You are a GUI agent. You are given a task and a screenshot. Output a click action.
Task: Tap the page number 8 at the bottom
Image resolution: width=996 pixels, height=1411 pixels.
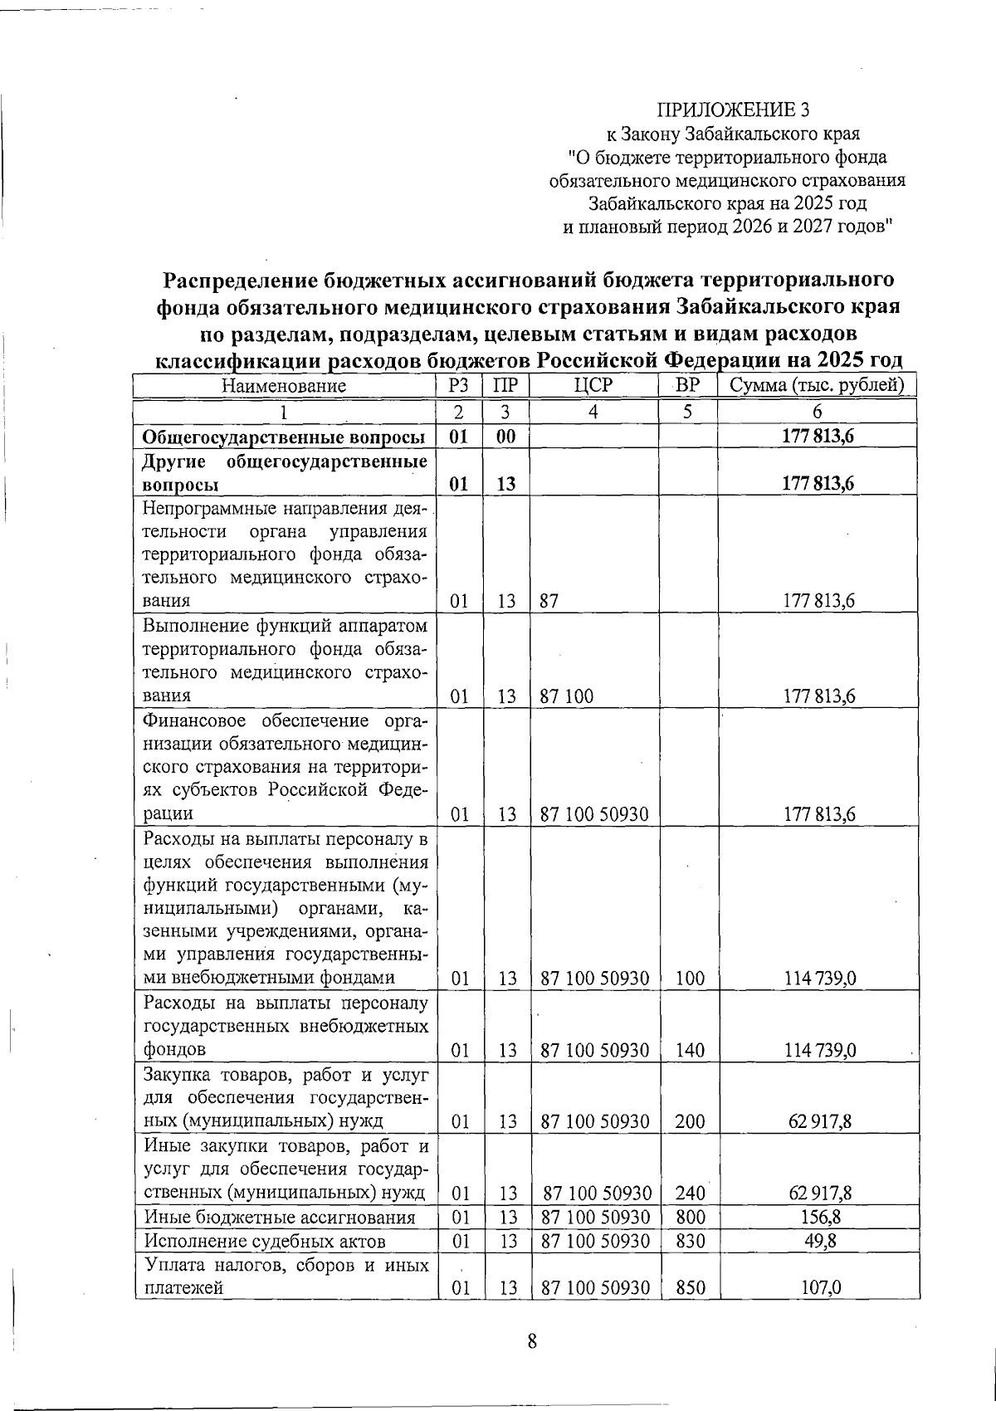click(532, 1341)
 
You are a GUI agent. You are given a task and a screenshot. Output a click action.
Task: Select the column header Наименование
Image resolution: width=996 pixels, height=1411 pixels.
click(283, 386)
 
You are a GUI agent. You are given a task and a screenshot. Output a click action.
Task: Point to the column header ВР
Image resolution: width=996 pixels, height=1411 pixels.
click(686, 386)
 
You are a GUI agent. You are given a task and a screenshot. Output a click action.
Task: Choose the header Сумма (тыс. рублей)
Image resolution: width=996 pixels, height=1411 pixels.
click(817, 386)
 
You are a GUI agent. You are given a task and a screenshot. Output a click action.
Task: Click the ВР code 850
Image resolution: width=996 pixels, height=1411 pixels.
click(690, 1287)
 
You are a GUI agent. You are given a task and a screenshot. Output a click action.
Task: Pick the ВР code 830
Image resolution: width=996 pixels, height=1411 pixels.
click(690, 1242)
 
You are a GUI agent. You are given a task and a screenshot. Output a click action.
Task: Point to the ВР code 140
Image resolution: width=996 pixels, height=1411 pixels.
click(690, 1050)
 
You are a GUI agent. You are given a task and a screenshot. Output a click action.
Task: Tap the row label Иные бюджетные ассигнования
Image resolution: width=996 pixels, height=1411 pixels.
click(279, 1218)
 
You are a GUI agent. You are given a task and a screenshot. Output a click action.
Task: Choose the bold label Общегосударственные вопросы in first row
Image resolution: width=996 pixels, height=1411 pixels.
click(284, 437)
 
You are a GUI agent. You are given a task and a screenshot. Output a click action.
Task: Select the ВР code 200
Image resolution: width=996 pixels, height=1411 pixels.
click(690, 1122)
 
